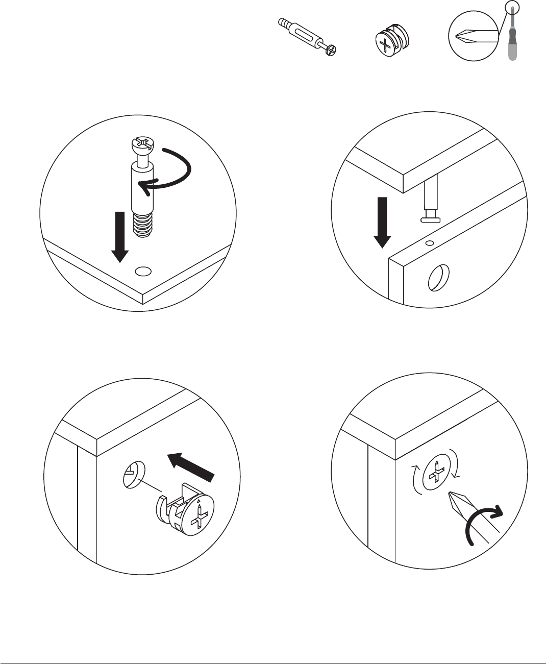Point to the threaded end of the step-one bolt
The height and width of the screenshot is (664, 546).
tap(143, 225)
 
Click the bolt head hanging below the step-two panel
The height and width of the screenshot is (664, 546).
tap(431, 219)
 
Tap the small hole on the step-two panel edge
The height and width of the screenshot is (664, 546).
tap(430, 243)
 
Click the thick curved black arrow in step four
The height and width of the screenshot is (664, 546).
tap(485, 526)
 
